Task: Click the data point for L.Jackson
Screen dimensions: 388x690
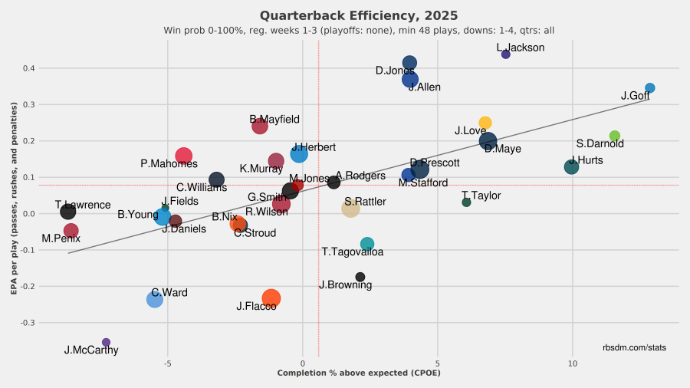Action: click(506, 54)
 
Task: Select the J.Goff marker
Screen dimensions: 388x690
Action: click(650, 88)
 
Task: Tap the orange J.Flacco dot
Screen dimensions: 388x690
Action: click(271, 298)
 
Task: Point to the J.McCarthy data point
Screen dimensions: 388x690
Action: click(106, 343)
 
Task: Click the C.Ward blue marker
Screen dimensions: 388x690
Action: click(155, 299)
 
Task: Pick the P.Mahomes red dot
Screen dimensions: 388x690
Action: click(184, 156)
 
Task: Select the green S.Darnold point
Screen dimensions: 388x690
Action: click(614, 136)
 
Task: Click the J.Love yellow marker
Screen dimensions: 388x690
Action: click(485, 123)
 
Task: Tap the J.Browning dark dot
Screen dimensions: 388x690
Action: click(360, 277)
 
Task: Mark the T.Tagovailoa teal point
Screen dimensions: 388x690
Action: click(367, 244)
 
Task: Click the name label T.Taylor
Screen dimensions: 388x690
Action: click(481, 196)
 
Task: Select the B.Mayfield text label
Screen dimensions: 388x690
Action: click(274, 120)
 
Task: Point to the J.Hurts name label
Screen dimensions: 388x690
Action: click(586, 160)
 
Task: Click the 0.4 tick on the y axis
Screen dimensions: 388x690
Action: click(28, 68)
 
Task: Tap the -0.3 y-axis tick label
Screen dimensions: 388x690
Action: click(27, 323)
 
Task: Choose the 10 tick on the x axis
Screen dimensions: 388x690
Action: click(572, 363)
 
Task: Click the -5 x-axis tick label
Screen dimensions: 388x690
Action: click(167, 363)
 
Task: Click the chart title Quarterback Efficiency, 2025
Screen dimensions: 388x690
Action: click(359, 15)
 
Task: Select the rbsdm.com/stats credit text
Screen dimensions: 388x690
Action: click(635, 347)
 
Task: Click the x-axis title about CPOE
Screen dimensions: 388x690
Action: click(358, 373)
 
